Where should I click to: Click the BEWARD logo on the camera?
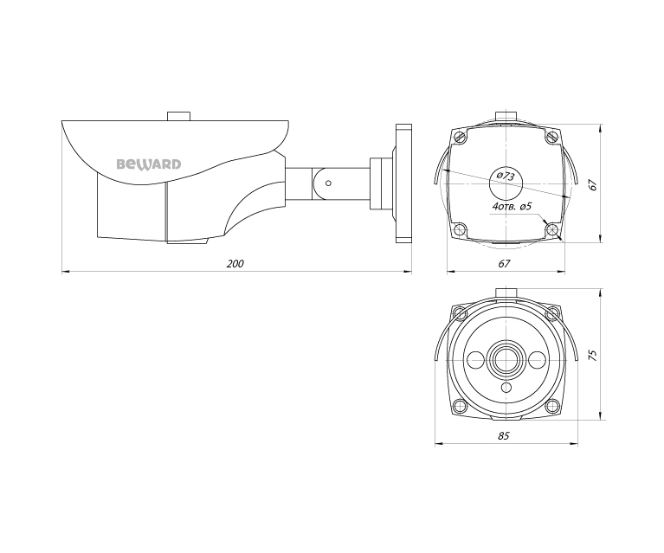149,163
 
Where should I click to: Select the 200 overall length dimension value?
235,263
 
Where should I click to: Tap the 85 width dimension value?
504,436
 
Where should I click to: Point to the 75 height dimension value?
593,355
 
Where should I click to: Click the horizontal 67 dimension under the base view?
505,263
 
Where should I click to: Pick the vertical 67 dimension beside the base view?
592,184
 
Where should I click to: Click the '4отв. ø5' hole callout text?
512,208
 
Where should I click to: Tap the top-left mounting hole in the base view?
460,137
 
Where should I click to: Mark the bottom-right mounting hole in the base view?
551,228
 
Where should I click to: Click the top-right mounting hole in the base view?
551,137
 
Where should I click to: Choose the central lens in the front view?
505,358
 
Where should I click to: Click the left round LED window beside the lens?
474,358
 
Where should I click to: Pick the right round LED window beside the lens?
536,358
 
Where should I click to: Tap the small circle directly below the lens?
505,389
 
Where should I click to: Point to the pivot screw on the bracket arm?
328,183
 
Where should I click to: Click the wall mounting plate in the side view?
403,184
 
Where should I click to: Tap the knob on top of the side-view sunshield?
179,115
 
